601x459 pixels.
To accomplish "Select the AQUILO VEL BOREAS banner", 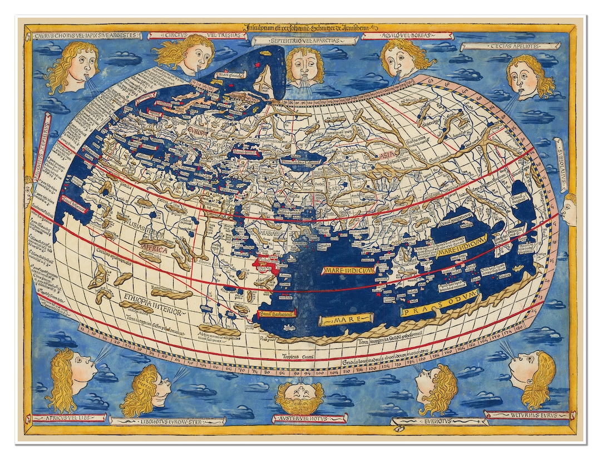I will click(x=407, y=36).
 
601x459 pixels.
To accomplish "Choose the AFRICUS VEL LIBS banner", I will click(x=69, y=417).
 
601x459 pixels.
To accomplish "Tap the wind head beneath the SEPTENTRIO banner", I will click(x=304, y=66).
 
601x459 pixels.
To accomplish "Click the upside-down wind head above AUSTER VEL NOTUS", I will click(x=299, y=396).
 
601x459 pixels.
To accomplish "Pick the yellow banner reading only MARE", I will click(x=345, y=319).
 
